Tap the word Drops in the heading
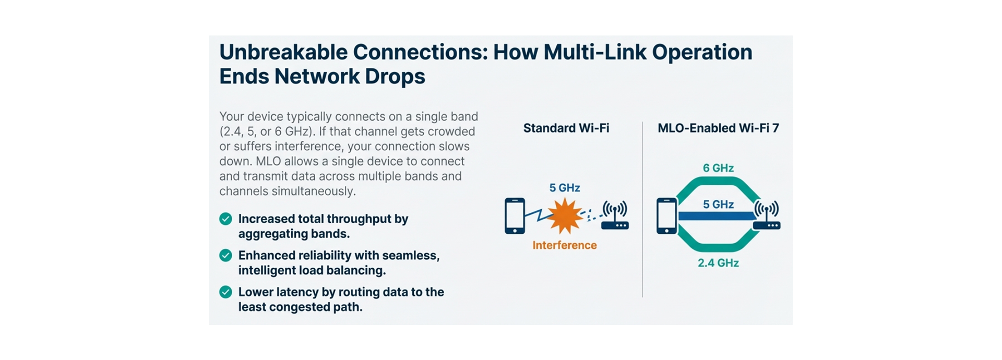395,77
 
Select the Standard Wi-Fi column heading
566,128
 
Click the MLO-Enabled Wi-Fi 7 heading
718,128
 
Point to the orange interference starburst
565,215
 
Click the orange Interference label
564,245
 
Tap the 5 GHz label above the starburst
565,188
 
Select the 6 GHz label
718,168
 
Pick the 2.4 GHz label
718,263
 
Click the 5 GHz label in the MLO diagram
718,205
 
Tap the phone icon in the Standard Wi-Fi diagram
515,215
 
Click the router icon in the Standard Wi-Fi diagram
615,216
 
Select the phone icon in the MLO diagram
666,215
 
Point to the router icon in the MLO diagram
767,216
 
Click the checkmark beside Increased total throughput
225,219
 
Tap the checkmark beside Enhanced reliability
225,256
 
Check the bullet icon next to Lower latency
225,292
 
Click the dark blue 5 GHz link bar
715,216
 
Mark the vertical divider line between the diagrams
642,209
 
